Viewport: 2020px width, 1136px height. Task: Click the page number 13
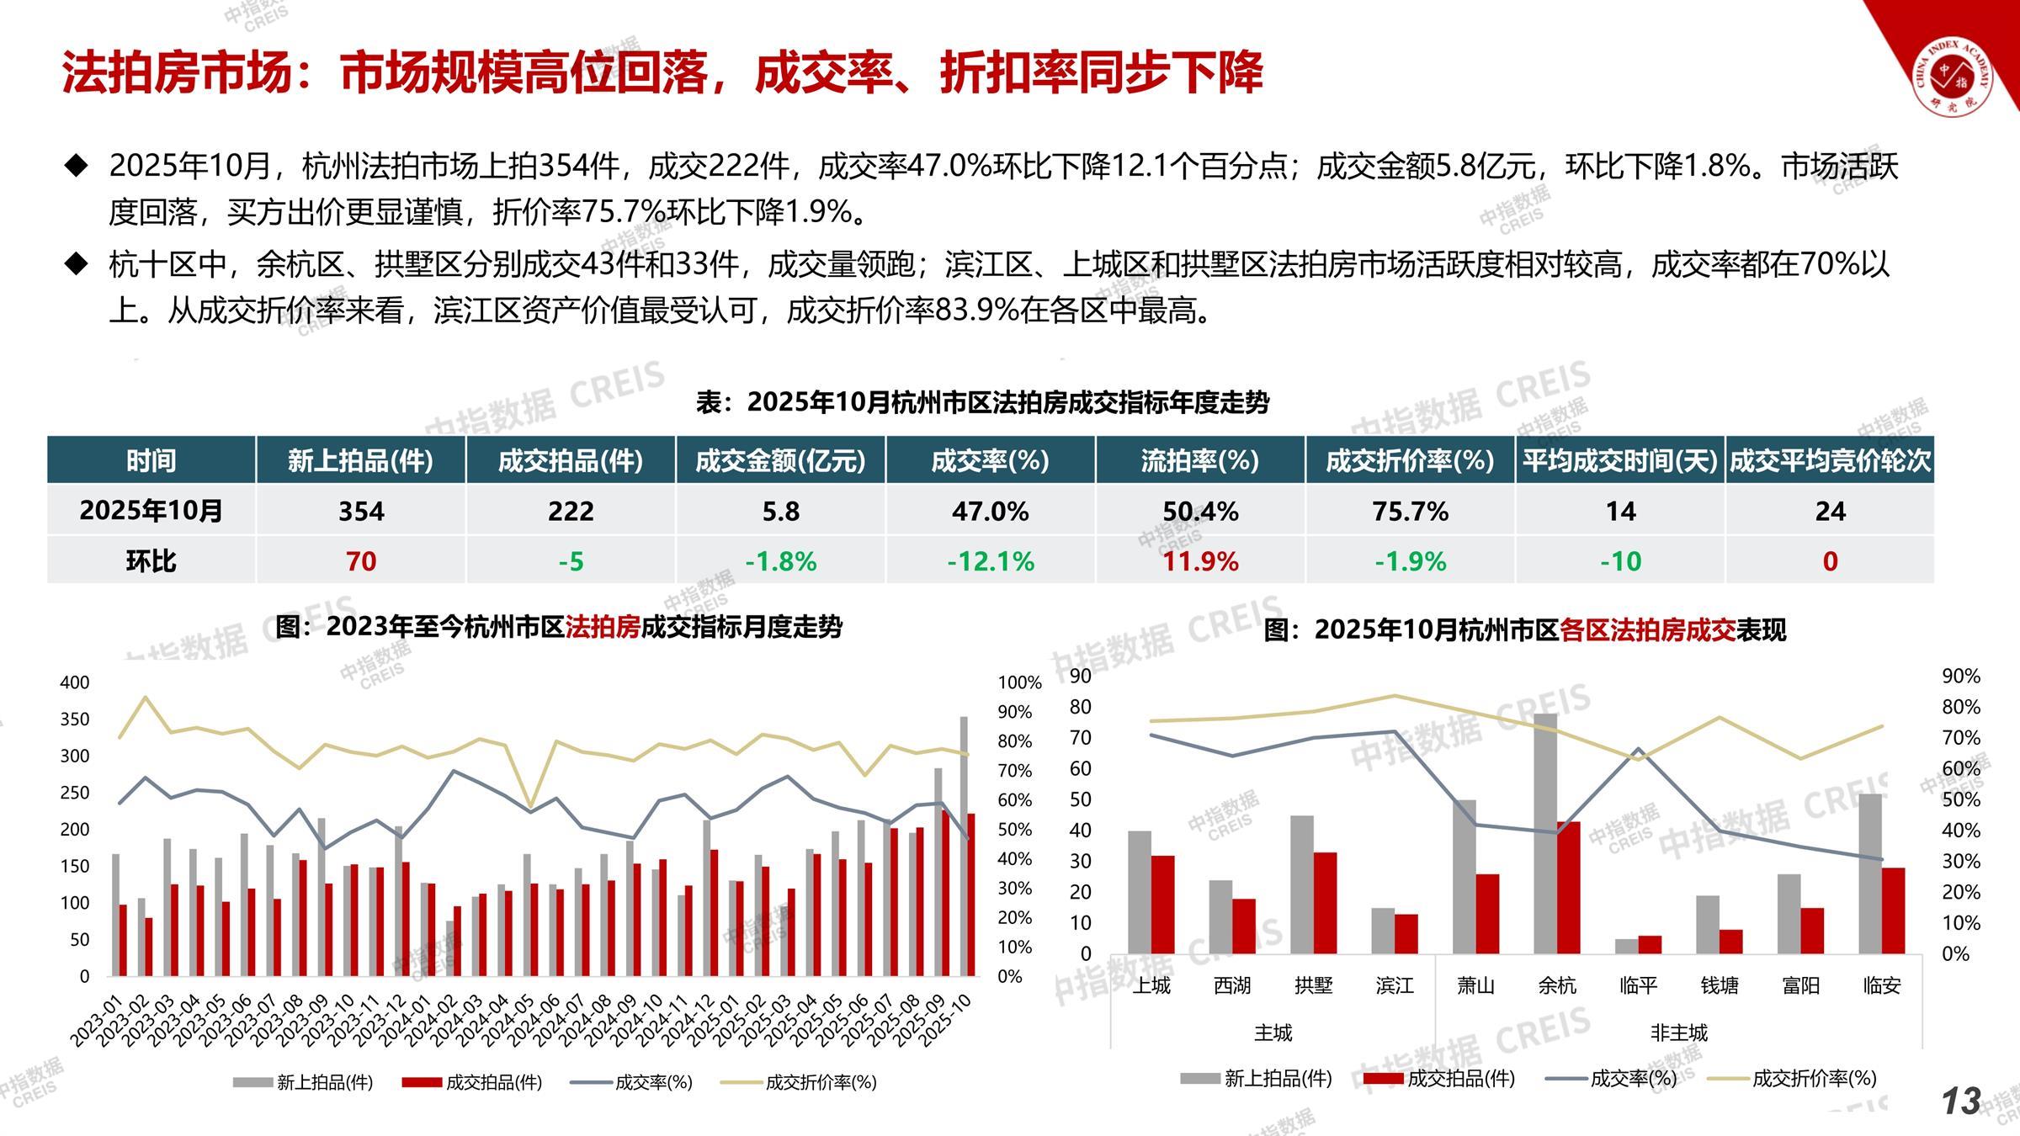[x=1960, y=1101]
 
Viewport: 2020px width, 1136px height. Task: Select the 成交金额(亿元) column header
[x=780, y=460]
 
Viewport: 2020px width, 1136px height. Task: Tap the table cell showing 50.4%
[x=1200, y=511]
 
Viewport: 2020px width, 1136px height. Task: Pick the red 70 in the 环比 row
[x=361, y=561]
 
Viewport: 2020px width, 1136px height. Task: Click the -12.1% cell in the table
[x=991, y=561]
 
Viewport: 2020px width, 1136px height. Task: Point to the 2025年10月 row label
[x=151, y=511]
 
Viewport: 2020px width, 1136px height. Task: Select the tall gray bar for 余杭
[x=1545, y=833]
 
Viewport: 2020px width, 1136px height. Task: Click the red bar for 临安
[x=1893, y=910]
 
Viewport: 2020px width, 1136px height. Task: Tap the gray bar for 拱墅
[x=1302, y=884]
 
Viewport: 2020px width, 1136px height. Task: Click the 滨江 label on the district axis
[x=1394, y=985]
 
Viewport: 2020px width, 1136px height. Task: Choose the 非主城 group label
[x=1678, y=1032]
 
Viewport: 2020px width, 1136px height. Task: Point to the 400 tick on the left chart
[x=75, y=682]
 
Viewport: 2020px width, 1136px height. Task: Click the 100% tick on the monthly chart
[x=1019, y=682]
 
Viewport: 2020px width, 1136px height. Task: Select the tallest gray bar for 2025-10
[x=964, y=846]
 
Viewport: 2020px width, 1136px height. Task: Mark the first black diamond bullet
[x=77, y=166]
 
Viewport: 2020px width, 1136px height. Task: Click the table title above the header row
[x=982, y=402]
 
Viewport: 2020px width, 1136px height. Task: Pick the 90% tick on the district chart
[x=1960, y=676]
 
